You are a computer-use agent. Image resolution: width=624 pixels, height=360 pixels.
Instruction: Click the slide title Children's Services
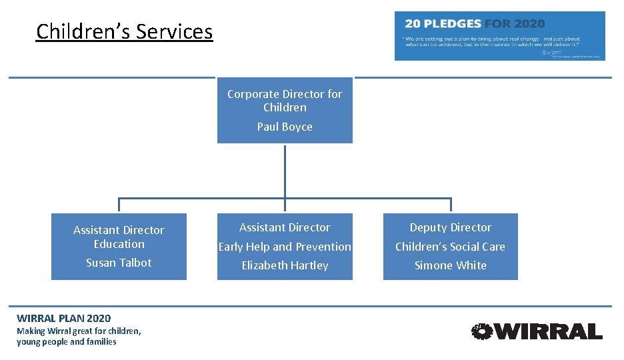tap(125, 31)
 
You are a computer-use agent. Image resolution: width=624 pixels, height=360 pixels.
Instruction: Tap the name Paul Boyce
tap(285, 127)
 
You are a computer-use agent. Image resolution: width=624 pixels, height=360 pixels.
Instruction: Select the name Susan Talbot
tap(119, 263)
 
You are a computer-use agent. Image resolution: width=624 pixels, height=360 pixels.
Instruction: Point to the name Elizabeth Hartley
tap(285, 265)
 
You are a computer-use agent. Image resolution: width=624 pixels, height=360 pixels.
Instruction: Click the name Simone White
tap(451, 265)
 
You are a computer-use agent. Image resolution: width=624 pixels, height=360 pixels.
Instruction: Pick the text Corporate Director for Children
tap(285, 101)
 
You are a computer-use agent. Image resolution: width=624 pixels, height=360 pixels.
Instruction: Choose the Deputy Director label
tap(451, 227)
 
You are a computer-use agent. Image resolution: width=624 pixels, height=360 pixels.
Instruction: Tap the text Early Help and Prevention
tap(285, 247)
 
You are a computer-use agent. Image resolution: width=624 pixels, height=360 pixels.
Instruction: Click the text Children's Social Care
tap(451, 247)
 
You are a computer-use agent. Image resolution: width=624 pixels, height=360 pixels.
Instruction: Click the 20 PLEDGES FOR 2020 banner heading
tap(475, 23)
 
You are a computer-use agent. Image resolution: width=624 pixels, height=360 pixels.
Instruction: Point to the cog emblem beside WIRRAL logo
tap(481, 331)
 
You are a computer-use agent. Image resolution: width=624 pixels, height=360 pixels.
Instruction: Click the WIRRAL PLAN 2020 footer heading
tap(64, 318)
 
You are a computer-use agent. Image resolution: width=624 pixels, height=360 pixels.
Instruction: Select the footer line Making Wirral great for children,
tap(79, 331)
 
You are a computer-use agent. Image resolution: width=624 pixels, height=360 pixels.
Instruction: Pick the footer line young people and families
tap(67, 342)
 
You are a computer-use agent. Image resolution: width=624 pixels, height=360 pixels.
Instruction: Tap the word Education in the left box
tap(119, 244)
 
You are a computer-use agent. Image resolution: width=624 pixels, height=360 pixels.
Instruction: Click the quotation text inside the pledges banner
tap(492, 42)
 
